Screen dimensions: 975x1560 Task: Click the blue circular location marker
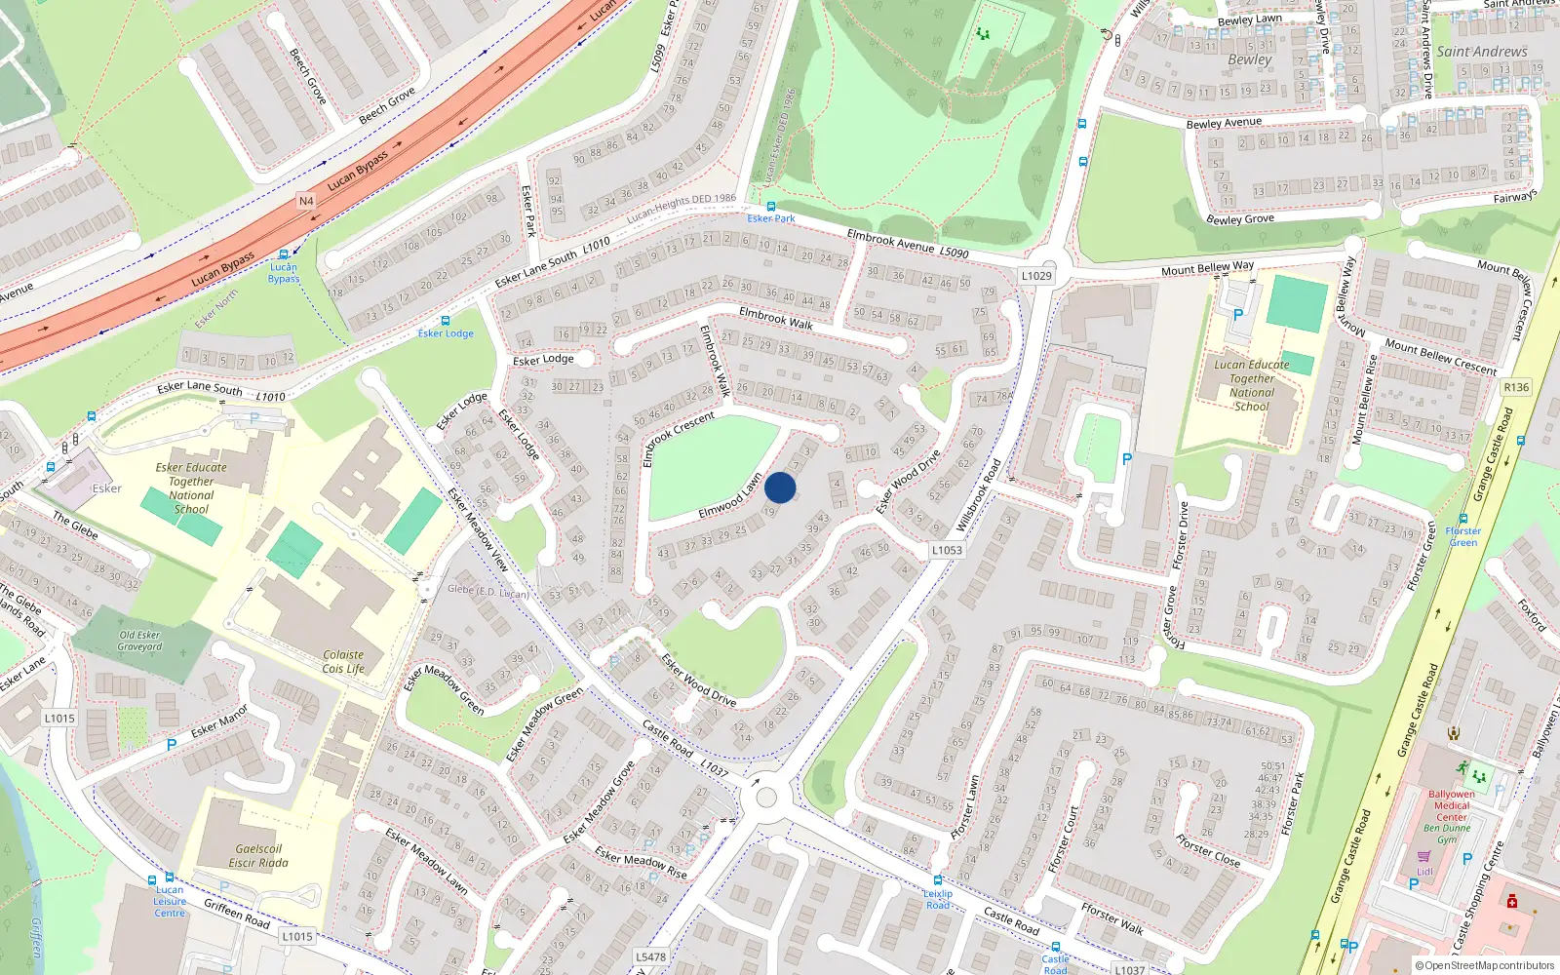(780, 487)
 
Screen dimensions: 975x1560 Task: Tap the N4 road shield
(306, 201)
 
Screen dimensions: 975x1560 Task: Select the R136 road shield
(1516, 387)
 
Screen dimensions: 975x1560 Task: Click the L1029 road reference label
(1036, 276)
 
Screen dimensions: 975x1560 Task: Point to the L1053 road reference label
(946, 550)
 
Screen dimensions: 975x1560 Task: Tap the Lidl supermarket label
(1424, 872)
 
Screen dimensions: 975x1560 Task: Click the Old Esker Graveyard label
(140, 641)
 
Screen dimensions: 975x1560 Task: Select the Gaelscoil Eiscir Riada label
(258, 855)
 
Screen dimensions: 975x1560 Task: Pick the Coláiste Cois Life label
(343, 662)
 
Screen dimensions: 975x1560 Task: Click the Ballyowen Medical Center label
(1451, 805)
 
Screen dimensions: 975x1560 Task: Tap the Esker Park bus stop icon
(771, 207)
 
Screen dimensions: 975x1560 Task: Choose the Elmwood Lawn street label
(730, 496)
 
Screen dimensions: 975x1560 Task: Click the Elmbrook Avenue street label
(890, 241)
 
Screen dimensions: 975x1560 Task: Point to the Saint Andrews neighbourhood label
(1481, 52)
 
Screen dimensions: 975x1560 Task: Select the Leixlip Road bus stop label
(938, 899)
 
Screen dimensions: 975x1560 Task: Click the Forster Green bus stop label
(1462, 536)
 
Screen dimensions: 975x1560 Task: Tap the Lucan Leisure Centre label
(170, 901)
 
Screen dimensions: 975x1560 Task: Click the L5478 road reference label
(650, 956)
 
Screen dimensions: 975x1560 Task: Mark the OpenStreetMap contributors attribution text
(1485, 965)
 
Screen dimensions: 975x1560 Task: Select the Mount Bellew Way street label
(1207, 268)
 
